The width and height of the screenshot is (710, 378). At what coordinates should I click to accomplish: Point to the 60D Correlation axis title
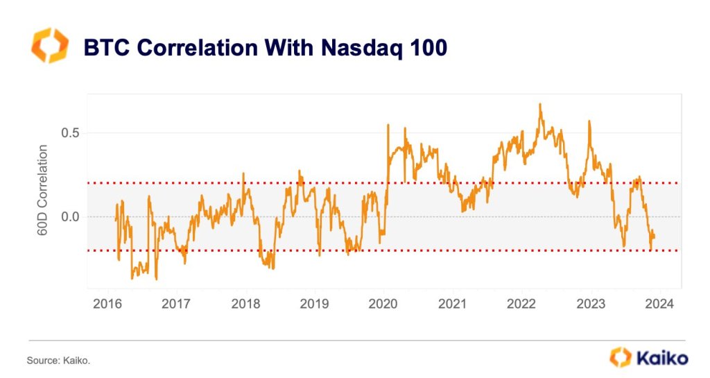(x=42, y=190)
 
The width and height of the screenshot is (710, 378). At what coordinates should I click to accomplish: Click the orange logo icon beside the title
(x=49, y=46)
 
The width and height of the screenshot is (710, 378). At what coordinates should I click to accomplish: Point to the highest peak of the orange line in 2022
(x=539, y=104)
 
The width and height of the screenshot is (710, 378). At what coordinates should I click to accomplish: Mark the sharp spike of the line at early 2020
(x=388, y=125)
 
